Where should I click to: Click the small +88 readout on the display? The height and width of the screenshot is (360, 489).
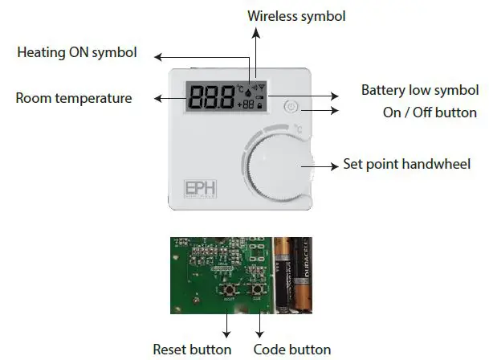point(246,105)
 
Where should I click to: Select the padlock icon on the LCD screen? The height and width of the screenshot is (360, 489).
point(261,105)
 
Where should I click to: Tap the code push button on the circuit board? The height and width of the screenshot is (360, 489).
point(259,288)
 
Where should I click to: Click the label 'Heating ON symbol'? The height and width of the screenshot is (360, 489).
point(77,53)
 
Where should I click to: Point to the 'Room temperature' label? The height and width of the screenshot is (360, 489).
point(73,98)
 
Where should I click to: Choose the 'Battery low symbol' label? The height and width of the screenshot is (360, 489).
point(419,90)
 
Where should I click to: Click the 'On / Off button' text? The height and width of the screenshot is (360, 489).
point(430,112)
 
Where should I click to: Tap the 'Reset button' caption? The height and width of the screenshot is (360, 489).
point(192,349)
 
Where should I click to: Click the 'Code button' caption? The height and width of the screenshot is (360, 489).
point(291,349)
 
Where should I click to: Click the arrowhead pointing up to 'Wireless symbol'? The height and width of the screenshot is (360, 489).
point(255,31)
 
